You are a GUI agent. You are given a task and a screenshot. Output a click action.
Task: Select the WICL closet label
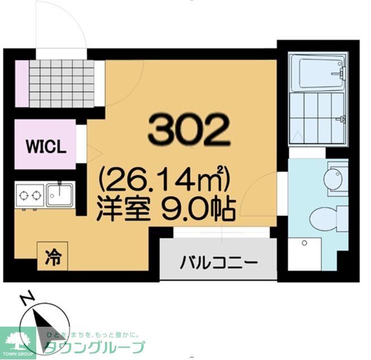(46, 146)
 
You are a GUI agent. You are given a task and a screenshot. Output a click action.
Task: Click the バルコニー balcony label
(219, 262)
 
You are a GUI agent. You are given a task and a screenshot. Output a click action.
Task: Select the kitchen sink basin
(59, 194)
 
